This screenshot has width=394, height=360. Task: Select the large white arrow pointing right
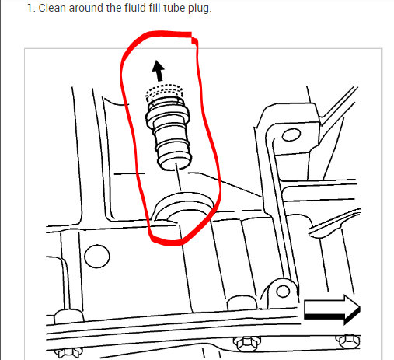pyautogui.click(x=331, y=310)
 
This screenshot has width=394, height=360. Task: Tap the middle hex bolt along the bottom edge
pyautogui.click(x=248, y=343)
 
